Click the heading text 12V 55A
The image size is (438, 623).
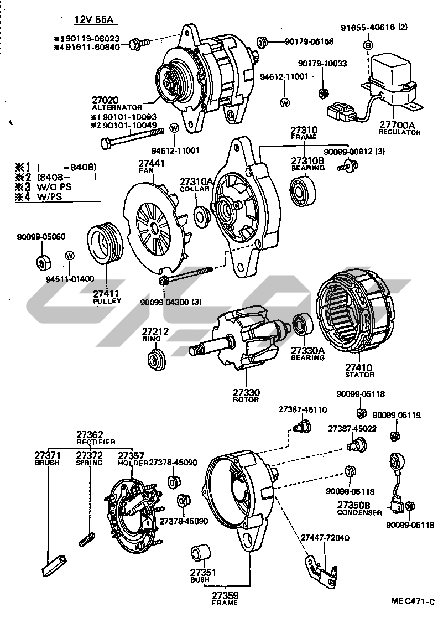point(94,20)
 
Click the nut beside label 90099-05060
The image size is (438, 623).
point(42,261)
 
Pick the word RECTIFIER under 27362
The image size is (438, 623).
point(96,442)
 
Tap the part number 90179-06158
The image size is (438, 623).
point(309,41)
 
